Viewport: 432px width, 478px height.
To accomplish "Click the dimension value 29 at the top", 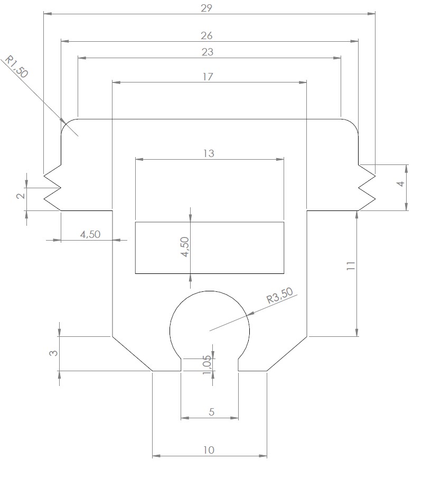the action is click(206, 8).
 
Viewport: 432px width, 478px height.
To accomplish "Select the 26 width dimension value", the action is click(206, 35).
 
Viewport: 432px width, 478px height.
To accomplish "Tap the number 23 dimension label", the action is click(208, 52).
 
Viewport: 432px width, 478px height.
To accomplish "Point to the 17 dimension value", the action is click(208, 77).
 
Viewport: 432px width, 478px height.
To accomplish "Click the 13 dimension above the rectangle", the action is click(209, 153).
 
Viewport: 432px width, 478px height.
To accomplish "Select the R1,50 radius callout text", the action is click(17, 67).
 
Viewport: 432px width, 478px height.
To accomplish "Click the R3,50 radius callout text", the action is click(280, 295).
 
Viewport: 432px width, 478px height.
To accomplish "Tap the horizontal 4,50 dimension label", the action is click(90, 234).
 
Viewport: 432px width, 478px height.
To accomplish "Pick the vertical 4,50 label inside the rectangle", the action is click(185, 247).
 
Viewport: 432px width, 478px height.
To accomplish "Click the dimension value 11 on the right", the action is click(351, 266).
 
